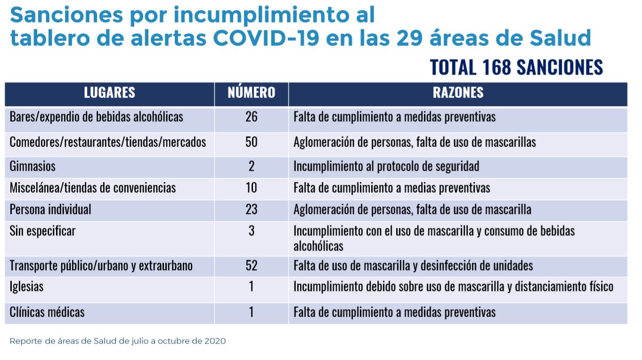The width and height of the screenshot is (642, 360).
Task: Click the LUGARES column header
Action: pos(109,92)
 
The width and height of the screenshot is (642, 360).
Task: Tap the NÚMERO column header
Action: pos(252,92)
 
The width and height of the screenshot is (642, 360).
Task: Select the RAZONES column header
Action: pos(458,92)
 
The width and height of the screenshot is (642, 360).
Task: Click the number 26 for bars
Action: pos(252,117)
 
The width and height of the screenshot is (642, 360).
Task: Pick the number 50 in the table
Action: pos(252,142)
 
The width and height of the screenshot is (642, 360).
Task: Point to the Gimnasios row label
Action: pos(33,166)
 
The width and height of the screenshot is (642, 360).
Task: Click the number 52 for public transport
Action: pos(252,266)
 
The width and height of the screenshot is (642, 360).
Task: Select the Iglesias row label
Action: pos(26,286)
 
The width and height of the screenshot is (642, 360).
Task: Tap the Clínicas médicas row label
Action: pos(47,312)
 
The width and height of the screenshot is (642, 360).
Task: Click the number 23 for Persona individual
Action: pos(252,210)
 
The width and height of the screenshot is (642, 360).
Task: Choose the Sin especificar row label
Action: pos(42,231)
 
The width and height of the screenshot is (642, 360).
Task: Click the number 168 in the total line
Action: pos(496,67)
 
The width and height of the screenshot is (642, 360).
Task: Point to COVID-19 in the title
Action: pos(266,39)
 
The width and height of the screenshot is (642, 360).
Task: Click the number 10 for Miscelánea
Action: pos(252,188)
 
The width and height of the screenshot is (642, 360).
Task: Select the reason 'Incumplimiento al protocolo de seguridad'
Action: pos(386,166)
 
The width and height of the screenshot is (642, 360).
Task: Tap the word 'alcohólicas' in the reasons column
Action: pos(318,246)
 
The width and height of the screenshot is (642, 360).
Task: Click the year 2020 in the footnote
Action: pos(215,341)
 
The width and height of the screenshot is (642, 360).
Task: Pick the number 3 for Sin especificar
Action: pos(252,231)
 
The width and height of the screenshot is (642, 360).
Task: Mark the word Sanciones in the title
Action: pos(66,15)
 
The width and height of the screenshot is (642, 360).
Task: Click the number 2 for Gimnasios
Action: pos(252,166)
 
